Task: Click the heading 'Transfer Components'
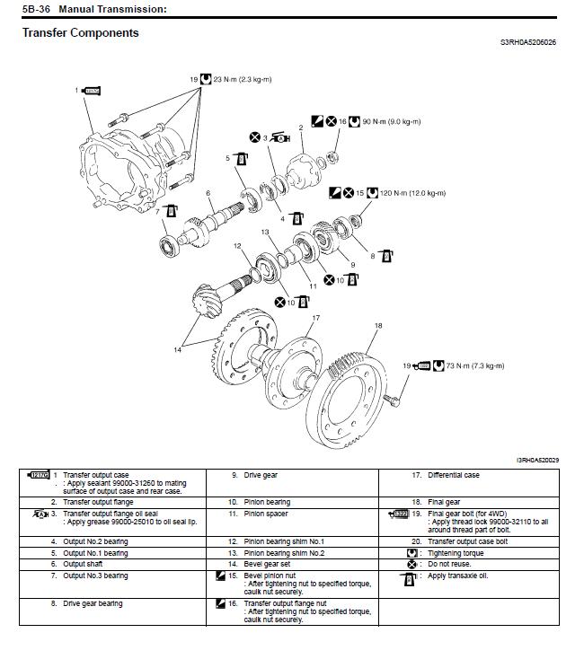click(x=80, y=33)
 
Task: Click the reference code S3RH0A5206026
click(x=528, y=42)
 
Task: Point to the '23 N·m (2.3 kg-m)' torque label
click(x=243, y=80)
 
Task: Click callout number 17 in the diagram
click(x=316, y=317)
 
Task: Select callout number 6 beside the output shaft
click(x=208, y=194)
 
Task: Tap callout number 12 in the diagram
click(x=237, y=246)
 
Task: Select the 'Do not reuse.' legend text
click(x=450, y=564)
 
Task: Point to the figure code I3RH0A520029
click(x=536, y=460)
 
